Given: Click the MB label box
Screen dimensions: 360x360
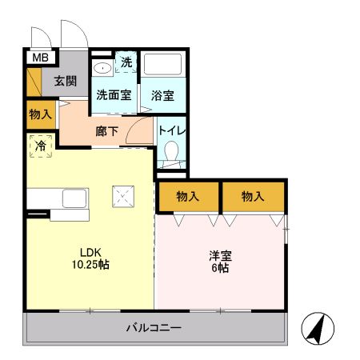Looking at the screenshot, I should click(x=39, y=57).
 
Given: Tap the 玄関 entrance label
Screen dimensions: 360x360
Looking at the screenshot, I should click(x=66, y=80).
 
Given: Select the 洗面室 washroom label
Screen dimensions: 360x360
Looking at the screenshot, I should click(x=114, y=94).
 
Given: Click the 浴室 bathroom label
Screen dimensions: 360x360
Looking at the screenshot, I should click(x=163, y=94).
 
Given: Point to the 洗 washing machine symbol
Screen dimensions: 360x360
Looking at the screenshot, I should click(x=126, y=62).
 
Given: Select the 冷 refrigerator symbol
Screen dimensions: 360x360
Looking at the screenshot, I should click(x=40, y=146).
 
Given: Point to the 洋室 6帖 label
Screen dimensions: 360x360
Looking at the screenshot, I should click(x=220, y=262).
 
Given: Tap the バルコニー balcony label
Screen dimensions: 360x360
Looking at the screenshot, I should click(x=154, y=328).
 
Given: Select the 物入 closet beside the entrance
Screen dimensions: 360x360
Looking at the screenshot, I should click(x=39, y=114).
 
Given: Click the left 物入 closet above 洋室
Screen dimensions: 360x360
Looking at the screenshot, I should click(x=188, y=196).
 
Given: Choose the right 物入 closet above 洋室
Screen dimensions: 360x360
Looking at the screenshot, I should click(x=253, y=196).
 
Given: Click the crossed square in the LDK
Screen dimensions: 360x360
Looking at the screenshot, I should click(x=124, y=194).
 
